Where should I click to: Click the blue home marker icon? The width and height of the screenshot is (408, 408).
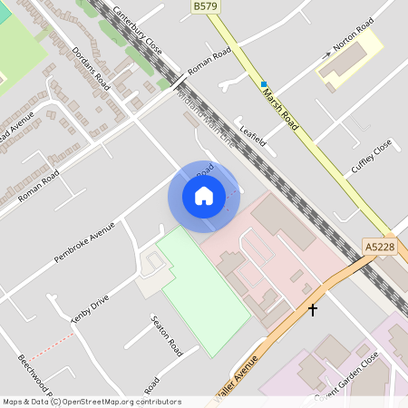pyautogui.click(x=204, y=196)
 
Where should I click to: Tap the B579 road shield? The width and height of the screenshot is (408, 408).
pyautogui.click(x=205, y=6)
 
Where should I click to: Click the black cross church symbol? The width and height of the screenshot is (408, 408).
pyautogui.click(x=313, y=310)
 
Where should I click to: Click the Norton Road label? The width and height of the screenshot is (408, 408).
pyautogui.click(x=354, y=41)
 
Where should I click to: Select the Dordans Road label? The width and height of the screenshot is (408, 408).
pyautogui.click(x=92, y=67)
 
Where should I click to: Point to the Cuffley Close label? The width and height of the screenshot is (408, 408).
pyautogui.click(x=372, y=156)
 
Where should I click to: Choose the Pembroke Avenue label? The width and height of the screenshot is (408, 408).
pyautogui.click(x=84, y=242)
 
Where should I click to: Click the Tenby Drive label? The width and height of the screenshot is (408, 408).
pyautogui.click(x=90, y=308)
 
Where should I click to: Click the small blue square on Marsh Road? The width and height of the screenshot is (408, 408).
pyautogui.click(x=264, y=83)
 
